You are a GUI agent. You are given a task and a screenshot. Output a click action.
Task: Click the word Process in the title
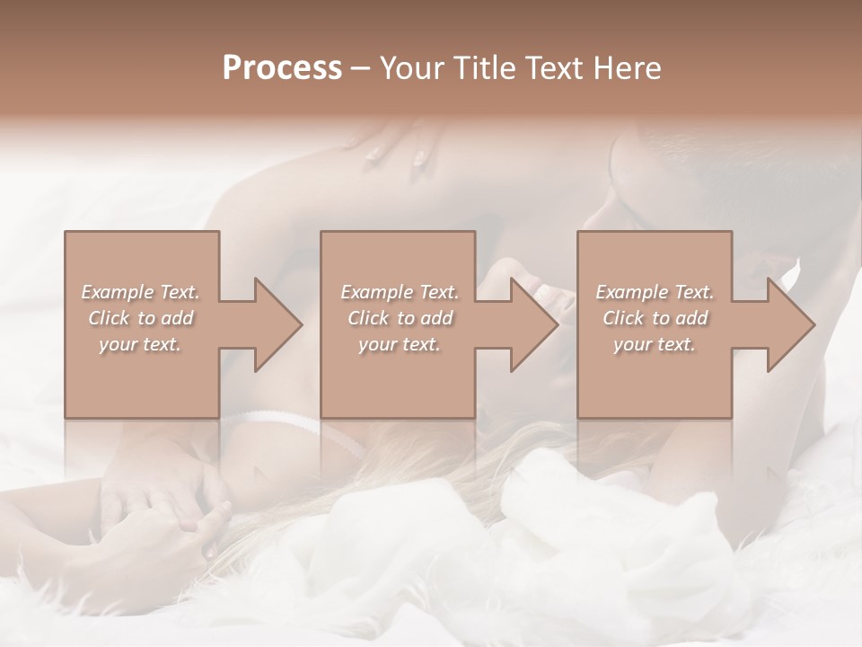pyautogui.click(x=282, y=67)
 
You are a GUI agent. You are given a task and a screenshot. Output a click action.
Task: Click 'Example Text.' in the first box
pyautogui.click(x=140, y=292)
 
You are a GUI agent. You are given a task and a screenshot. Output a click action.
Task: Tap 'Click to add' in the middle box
pyautogui.click(x=400, y=318)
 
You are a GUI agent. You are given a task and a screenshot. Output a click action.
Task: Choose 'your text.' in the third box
pyautogui.click(x=654, y=344)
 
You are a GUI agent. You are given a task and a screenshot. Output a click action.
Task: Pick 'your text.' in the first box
pyautogui.click(x=140, y=344)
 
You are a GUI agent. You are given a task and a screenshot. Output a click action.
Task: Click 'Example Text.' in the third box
pyautogui.click(x=655, y=292)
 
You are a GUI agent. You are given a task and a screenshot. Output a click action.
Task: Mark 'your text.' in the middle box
pyautogui.click(x=400, y=344)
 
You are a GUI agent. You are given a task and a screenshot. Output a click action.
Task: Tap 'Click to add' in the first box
pyautogui.click(x=140, y=318)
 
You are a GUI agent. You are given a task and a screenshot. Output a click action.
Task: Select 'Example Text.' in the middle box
pyautogui.click(x=400, y=292)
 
